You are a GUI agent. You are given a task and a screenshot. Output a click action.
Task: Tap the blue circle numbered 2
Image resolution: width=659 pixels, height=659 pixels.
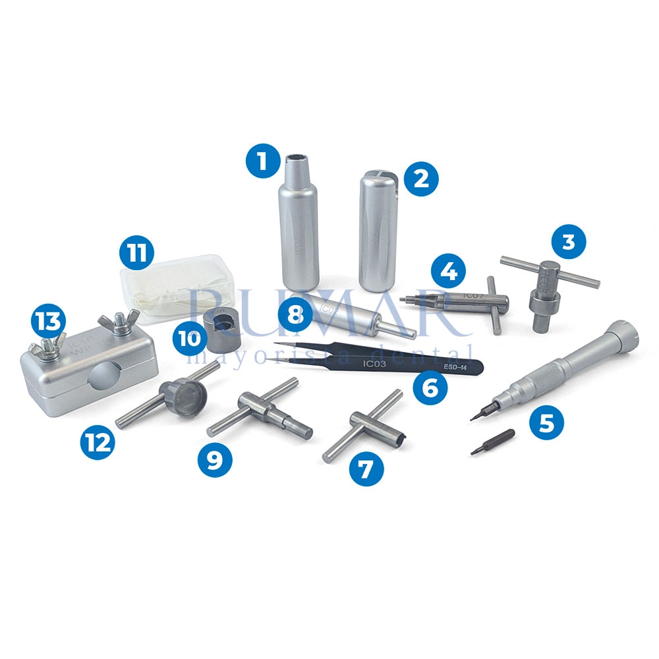click(420, 178)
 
